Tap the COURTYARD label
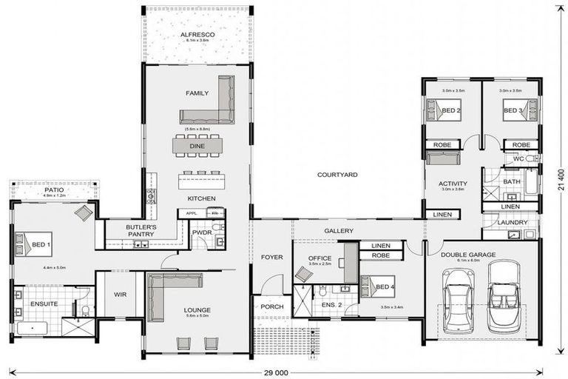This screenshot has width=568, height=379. click(x=337, y=175)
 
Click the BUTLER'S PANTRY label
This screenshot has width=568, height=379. click(x=140, y=230)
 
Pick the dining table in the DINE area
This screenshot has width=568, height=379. click(x=197, y=146)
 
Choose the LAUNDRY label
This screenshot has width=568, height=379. click(x=513, y=222)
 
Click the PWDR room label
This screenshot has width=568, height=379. click(x=201, y=232)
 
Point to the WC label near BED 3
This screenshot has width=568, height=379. click(x=518, y=159)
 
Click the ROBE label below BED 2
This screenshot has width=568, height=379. click(x=442, y=144)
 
